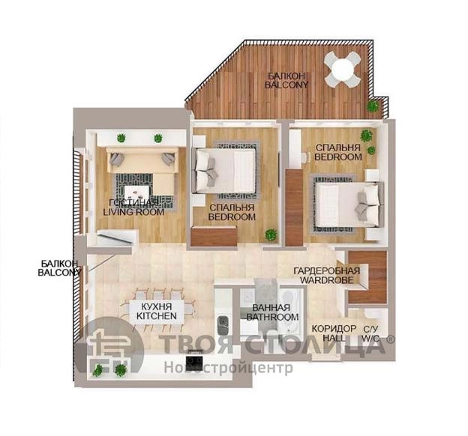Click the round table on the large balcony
(x=343, y=69)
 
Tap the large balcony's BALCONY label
(x=286, y=85)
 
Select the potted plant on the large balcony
(x=372, y=106)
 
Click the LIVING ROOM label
(x=133, y=212)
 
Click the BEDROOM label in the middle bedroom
(x=232, y=217)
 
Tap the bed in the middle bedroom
(x=225, y=170)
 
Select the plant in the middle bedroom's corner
(x=271, y=234)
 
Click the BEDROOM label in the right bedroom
(x=337, y=157)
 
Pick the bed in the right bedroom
(x=349, y=205)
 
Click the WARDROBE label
(x=327, y=279)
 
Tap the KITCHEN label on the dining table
(x=157, y=316)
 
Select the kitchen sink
(x=223, y=326)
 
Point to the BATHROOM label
(x=272, y=317)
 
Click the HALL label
(x=334, y=338)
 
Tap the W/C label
(x=370, y=338)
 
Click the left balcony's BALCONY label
(x=59, y=273)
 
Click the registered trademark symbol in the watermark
(x=391, y=339)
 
